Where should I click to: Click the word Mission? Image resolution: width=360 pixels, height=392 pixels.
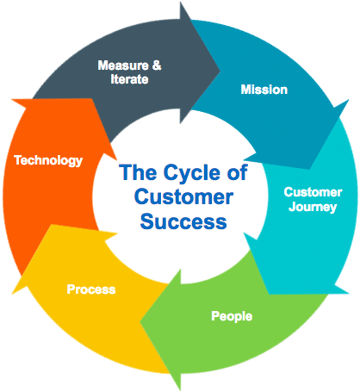coord(264,90)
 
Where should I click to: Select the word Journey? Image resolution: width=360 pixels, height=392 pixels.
coord(310,207)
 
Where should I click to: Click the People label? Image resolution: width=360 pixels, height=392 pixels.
coord(232,316)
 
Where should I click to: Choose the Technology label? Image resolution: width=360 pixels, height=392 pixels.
coord(48,160)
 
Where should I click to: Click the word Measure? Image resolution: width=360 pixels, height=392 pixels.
coord(119,65)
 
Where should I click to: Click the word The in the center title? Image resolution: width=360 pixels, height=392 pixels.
coord(135,173)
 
